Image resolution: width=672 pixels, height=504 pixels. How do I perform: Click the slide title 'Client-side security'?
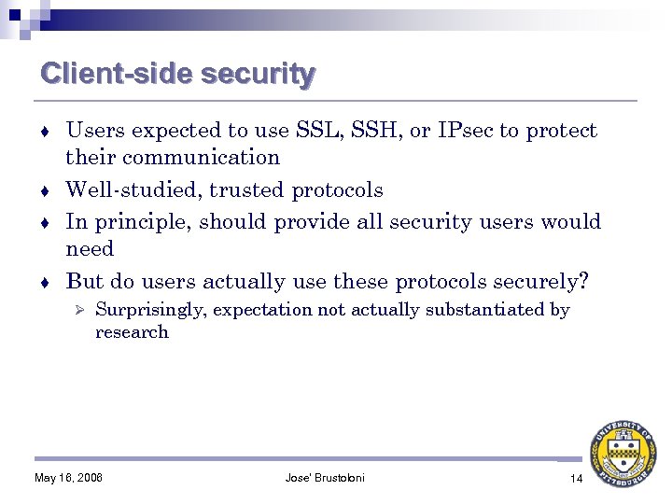click(177, 74)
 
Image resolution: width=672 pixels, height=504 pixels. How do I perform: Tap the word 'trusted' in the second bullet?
click(247, 190)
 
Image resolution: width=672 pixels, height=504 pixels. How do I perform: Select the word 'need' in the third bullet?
click(90, 249)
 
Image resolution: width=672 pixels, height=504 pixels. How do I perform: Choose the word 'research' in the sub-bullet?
click(132, 332)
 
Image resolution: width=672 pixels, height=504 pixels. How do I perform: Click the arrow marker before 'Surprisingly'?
click(80, 310)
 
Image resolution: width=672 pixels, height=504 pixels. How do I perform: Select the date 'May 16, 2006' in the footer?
click(68, 479)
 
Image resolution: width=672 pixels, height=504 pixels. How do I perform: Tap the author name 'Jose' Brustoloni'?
click(325, 479)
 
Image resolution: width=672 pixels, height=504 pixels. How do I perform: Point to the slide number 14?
click(575, 479)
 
